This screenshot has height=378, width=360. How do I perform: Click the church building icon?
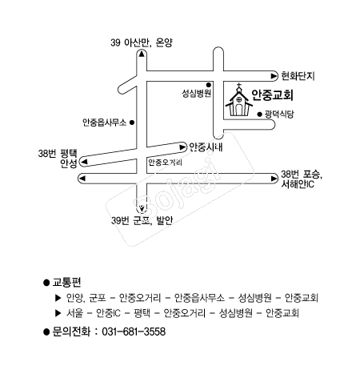pyautogui.click(x=239, y=100)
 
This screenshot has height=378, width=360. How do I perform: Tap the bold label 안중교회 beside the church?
pyautogui.click(x=273, y=94)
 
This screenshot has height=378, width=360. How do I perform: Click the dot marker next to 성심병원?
pyautogui.click(x=209, y=85)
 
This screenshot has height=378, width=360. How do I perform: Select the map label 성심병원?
pyautogui.click(x=197, y=94)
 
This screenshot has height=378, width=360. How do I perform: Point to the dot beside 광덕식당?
pyautogui.click(x=259, y=115)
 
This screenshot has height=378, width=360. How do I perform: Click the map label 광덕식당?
pyautogui.click(x=279, y=115)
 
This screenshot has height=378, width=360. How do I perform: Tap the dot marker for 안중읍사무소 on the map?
pyautogui.click(x=131, y=123)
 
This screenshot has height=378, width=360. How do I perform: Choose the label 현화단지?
pyautogui.click(x=298, y=76)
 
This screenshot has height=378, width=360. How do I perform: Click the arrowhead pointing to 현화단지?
pyautogui.click(x=274, y=76)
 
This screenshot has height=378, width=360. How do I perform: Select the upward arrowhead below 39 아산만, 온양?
pyautogui.click(x=142, y=54)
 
